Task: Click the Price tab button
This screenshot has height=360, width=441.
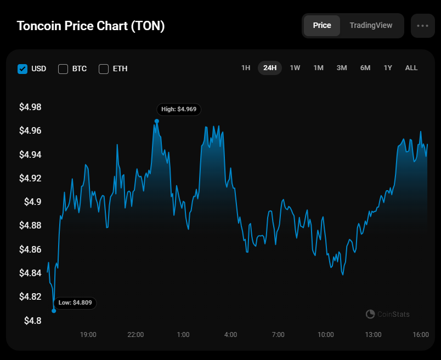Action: (x=322, y=26)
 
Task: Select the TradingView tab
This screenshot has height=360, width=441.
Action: (x=371, y=26)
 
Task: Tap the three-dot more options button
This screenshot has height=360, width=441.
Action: (x=422, y=26)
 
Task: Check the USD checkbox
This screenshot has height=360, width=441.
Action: (x=22, y=69)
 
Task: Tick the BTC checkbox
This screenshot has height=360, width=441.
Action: (x=63, y=69)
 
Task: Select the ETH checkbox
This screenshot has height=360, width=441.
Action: (x=104, y=69)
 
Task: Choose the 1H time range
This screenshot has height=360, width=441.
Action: (x=246, y=68)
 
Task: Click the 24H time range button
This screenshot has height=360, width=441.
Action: (x=270, y=68)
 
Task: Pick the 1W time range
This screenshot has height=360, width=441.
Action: (x=295, y=68)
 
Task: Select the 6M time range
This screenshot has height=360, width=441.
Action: (x=365, y=68)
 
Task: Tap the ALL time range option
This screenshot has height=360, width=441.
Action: (x=411, y=68)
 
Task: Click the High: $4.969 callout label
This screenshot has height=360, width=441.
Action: (x=179, y=110)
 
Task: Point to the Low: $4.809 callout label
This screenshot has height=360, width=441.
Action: (x=75, y=302)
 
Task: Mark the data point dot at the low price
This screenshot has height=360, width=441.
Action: (x=54, y=311)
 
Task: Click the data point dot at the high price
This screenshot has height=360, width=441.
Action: (x=157, y=121)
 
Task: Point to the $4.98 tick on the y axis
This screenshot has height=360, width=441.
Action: (x=30, y=107)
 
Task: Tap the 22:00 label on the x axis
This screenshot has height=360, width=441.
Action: (x=135, y=335)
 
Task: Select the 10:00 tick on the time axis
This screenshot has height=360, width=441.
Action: (x=326, y=335)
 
